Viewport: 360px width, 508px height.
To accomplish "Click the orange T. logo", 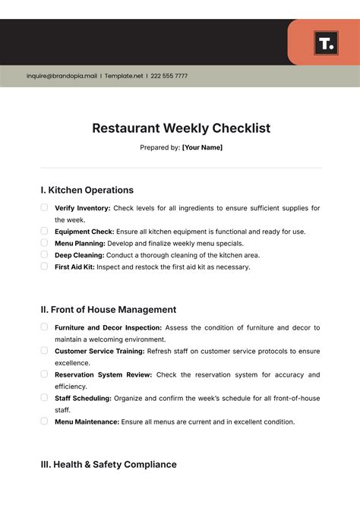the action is pos(326,43).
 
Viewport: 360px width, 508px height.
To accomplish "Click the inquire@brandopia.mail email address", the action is pos(62,76).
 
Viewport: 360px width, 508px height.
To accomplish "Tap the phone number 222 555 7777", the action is pos(169,76).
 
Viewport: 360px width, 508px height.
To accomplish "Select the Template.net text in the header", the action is pos(123,76).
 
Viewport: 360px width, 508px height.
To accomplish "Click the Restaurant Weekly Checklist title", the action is pos(181,128).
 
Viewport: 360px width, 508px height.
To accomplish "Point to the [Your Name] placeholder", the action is pos(202,147).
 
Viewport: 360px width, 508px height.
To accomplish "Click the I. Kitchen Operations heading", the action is pos(87,191).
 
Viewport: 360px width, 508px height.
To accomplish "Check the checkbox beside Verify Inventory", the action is pos(44,207).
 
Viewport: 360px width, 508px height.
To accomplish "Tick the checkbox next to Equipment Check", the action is pos(44,231).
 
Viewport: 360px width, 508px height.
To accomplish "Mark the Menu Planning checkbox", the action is pos(44,243).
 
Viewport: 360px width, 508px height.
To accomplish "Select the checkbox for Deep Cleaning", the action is pos(44,255).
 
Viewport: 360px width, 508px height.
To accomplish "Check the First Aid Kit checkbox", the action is pos(44,267).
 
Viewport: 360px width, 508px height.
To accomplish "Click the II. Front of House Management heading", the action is pos(109,310).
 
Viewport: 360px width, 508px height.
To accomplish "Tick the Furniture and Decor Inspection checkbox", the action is pos(44,327).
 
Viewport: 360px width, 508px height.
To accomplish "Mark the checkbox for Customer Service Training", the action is pos(44,350).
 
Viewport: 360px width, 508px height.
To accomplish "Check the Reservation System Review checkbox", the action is pos(44,374).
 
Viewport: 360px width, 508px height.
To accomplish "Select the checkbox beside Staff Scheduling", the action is pos(44,397).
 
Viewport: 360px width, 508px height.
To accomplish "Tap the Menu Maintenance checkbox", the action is pos(44,421).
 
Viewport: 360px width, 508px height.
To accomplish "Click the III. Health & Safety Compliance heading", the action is pos(109,464).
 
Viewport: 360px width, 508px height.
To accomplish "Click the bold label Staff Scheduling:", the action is pos(83,398).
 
